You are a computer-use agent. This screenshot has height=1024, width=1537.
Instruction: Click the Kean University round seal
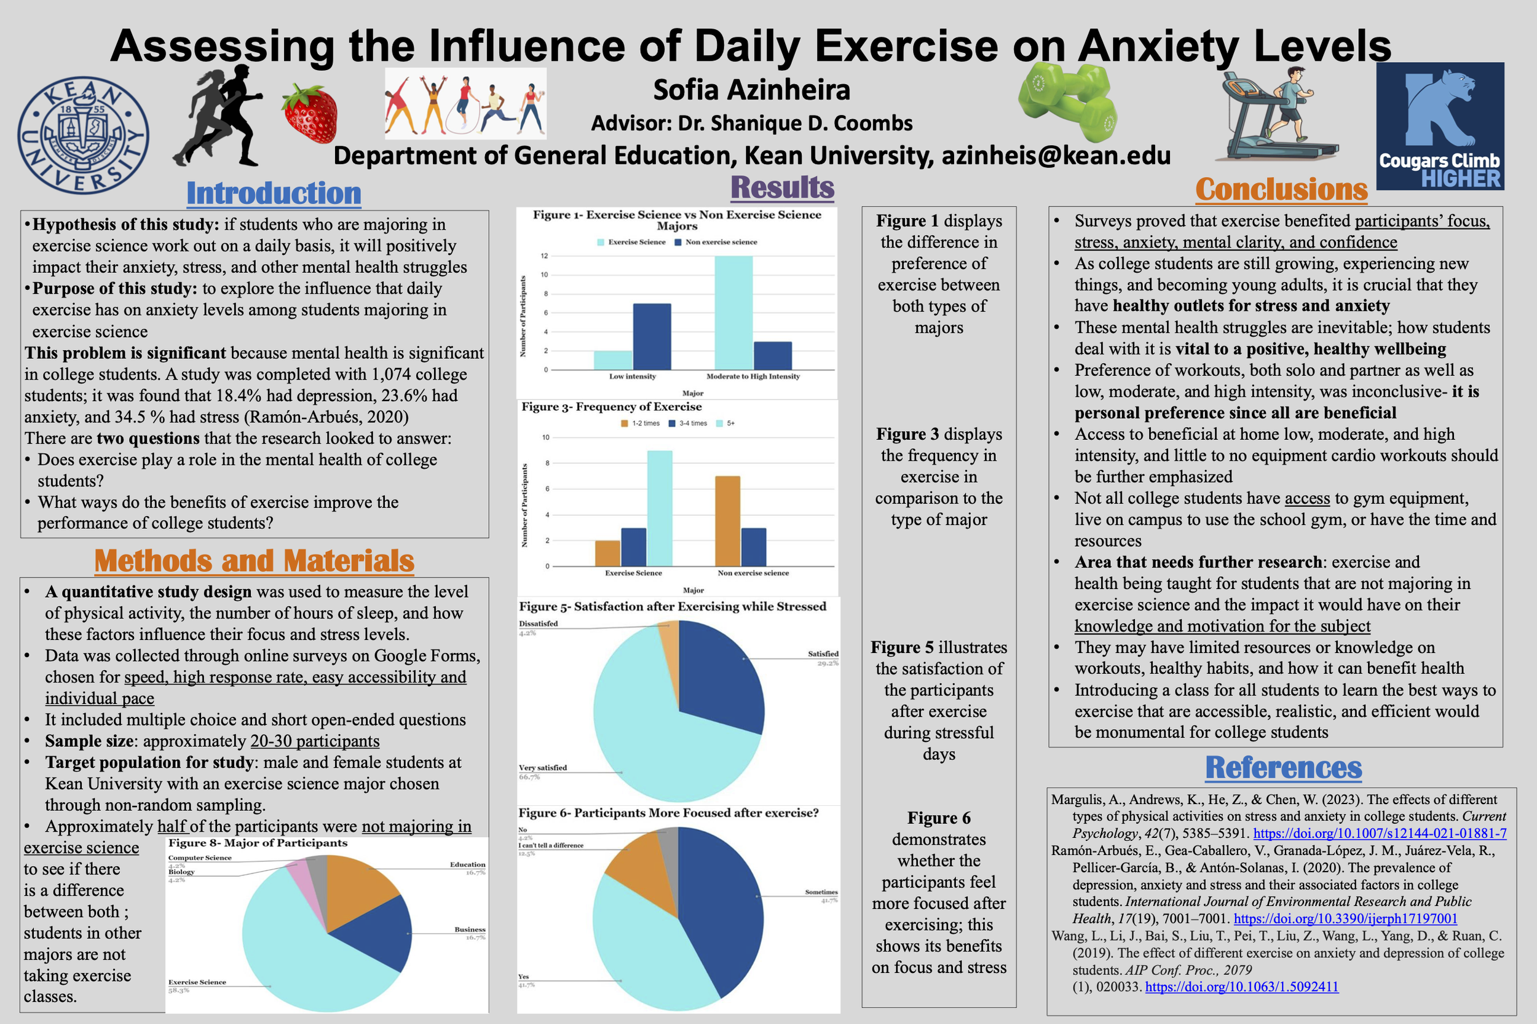(x=83, y=136)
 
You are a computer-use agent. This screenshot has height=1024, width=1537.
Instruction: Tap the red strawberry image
(x=310, y=114)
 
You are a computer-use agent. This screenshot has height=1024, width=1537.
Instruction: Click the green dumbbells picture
(x=1067, y=101)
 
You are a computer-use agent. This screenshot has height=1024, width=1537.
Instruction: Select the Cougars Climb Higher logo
(x=1440, y=126)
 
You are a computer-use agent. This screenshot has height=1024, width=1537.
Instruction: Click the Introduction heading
(x=273, y=194)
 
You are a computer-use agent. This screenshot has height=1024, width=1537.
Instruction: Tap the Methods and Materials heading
(x=254, y=561)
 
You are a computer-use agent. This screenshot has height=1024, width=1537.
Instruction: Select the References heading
(x=1283, y=768)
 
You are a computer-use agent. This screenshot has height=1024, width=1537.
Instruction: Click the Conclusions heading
(x=1281, y=190)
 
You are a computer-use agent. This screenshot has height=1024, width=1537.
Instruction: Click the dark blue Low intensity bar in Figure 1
(x=652, y=337)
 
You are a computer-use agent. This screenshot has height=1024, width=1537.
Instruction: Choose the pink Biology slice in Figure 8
(x=299, y=882)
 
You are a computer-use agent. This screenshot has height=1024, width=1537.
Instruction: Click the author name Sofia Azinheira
(x=751, y=90)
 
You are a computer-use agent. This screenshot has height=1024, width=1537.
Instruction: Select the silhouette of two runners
(x=219, y=116)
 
